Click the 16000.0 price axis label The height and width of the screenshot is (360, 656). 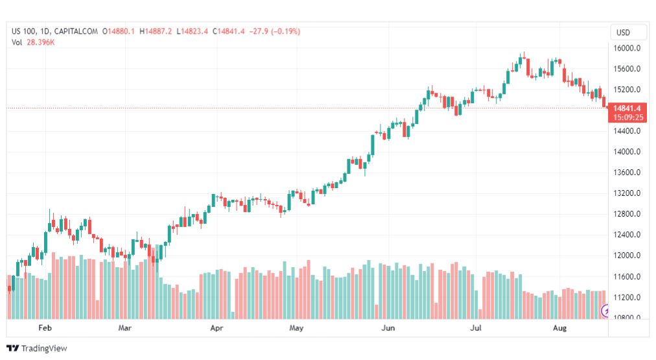(627, 48)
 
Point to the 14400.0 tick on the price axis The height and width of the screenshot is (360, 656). (627, 131)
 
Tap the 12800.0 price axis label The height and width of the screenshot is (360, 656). (627, 214)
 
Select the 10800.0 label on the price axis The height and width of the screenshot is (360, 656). (627, 318)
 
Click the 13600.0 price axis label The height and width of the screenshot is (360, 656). (627, 173)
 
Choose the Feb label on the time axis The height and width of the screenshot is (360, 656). (45, 328)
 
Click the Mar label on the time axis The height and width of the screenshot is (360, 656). (125, 328)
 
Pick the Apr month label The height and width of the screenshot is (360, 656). (217, 328)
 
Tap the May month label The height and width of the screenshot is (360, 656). (296, 328)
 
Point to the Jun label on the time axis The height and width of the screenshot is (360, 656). (388, 328)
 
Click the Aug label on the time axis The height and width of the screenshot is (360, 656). (559, 328)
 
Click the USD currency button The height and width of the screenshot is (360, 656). (623, 32)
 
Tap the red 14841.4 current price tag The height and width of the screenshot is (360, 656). (627, 108)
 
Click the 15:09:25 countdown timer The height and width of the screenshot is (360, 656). (627, 117)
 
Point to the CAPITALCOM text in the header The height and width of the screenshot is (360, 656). (77, 31)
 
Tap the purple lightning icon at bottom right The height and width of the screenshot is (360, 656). (606, 311)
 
